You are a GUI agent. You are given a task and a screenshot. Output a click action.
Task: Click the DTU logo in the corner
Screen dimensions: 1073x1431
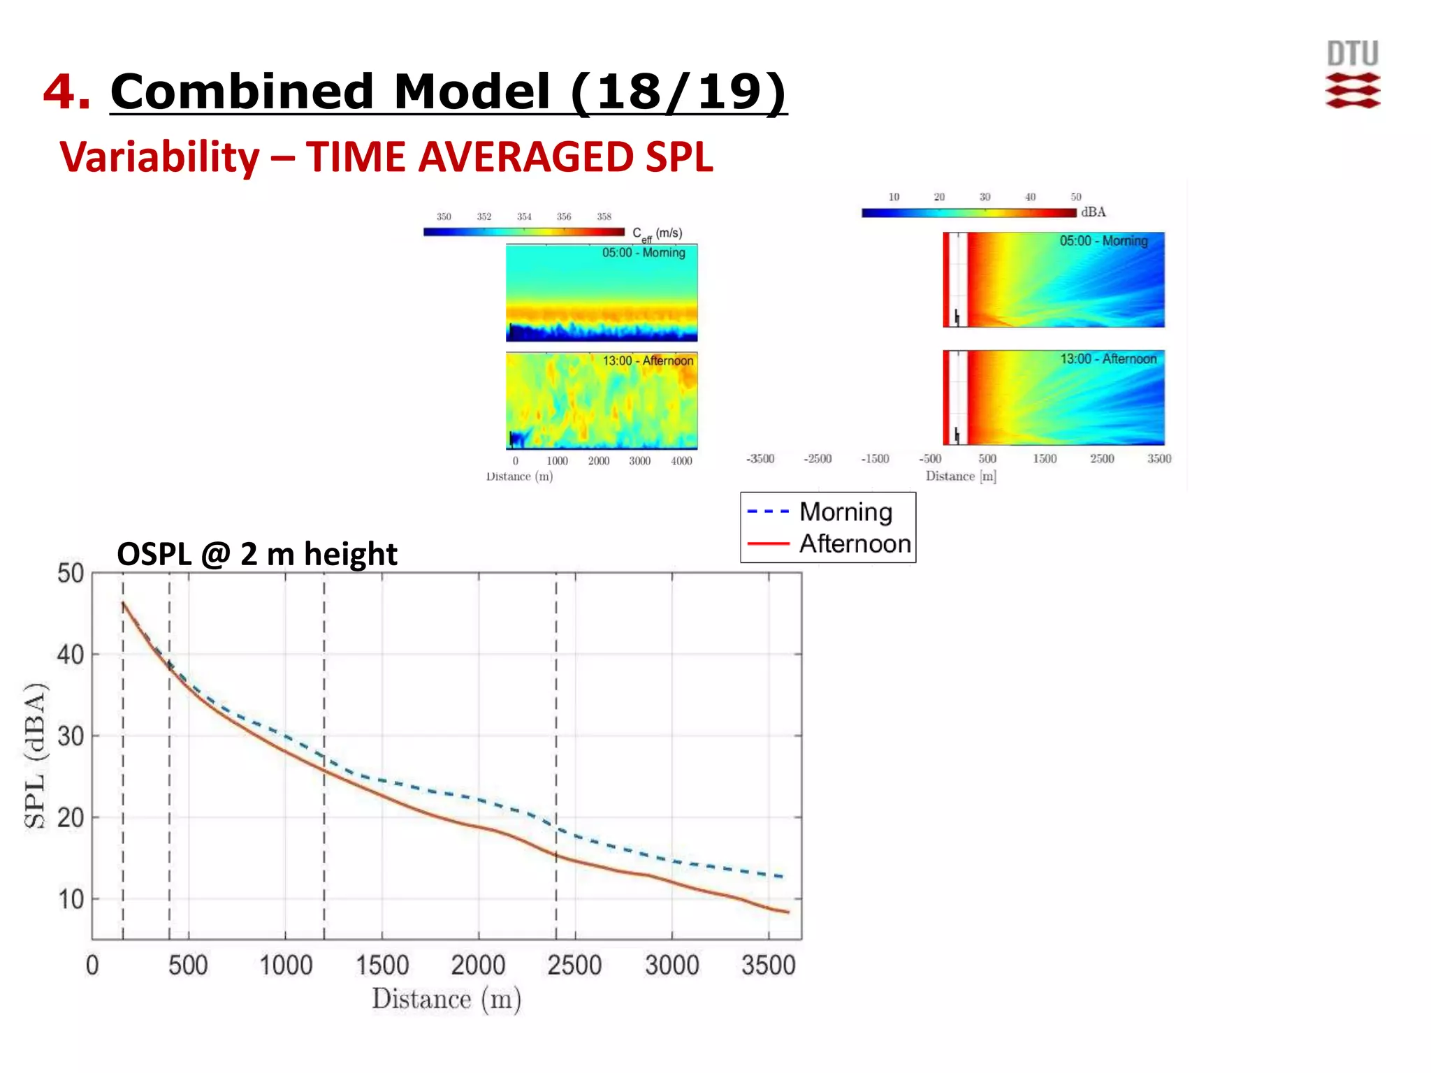point(1353,75)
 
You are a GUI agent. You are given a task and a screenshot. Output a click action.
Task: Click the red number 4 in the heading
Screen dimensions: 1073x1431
point(66,92)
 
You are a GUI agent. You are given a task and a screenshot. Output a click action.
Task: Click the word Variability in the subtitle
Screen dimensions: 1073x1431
point(159,156)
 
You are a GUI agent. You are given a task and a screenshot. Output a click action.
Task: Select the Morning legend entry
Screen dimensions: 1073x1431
point(845,512)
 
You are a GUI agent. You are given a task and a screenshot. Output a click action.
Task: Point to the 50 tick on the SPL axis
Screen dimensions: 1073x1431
point(71,574)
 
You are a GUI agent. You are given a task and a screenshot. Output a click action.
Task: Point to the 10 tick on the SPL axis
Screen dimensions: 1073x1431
point(71,899)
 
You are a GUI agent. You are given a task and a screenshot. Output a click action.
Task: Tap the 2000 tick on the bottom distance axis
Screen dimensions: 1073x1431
point(478,965)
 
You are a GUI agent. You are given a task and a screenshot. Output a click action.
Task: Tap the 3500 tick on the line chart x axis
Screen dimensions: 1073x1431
point(768,965)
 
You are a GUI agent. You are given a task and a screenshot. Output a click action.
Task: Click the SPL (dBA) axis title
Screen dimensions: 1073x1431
point(35,755)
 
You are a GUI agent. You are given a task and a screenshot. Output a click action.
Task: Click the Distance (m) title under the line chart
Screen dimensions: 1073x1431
point(446,999)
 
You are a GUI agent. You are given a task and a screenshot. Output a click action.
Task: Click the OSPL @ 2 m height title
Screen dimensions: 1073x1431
point(256,554)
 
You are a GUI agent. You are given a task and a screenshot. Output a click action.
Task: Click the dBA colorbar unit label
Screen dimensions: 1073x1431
point(1093,212)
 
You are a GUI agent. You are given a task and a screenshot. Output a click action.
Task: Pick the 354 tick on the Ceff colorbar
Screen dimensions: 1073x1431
point(524,217)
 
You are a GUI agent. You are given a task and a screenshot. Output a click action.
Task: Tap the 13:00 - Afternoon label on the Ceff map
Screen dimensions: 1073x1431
point(648,361)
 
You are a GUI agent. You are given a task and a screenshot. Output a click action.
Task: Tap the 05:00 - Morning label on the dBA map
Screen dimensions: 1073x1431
point(1103,241)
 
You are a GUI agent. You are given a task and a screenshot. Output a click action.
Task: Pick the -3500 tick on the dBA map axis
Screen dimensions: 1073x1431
point(760,459)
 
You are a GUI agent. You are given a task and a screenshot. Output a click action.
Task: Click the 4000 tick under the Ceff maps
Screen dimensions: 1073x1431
point(681,461)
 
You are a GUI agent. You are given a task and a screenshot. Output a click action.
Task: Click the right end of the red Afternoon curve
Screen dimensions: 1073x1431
point(787,912)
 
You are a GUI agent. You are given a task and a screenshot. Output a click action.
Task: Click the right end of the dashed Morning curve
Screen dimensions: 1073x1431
point(783,876)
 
